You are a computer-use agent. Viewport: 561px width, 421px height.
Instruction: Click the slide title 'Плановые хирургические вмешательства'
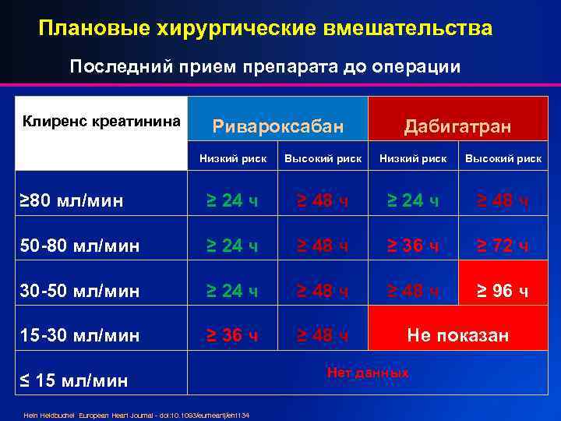pos(266,29)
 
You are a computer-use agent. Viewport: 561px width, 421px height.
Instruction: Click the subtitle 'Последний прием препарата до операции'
pos(265,66)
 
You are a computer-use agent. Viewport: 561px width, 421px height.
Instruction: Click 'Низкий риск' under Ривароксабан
pos(233,158)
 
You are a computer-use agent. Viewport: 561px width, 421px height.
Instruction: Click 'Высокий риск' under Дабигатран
pos(503,158)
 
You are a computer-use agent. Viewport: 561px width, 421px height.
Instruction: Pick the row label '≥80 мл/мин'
pos(71,201)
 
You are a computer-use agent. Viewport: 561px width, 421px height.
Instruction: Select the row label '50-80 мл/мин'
pos(79,246)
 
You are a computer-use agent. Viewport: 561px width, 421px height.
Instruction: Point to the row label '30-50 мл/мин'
pos(79,292)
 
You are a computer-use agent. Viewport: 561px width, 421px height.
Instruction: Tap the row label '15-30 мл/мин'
pos(79,336)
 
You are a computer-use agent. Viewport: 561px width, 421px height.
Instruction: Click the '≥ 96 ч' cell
pos(503,292)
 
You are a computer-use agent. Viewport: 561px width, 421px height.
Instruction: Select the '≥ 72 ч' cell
pos(503,246)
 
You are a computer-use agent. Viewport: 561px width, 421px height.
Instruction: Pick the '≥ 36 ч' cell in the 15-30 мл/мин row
pos(233,336)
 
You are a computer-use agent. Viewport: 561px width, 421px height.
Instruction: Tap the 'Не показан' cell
pos(457,336)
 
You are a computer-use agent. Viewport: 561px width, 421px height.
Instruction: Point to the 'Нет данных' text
pos(368,373)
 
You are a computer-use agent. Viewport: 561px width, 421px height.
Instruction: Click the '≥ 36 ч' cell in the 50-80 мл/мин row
pos(413,246)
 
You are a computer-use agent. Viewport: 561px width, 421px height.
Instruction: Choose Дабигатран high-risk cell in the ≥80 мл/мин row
pos(503,201)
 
